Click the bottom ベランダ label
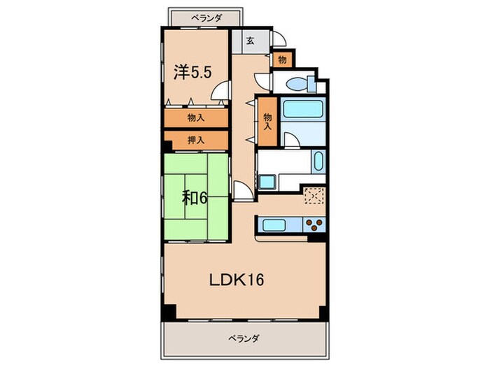point(244,339)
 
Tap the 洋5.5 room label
point(192,71)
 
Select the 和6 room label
point(195,197)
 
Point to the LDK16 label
point(237,280)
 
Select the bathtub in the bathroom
point(302,110)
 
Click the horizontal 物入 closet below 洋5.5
point(196,118)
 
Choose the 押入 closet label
point(196,141)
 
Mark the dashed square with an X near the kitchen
point(314,197)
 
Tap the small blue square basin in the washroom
point(267,182)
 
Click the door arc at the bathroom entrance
point(293,139)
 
